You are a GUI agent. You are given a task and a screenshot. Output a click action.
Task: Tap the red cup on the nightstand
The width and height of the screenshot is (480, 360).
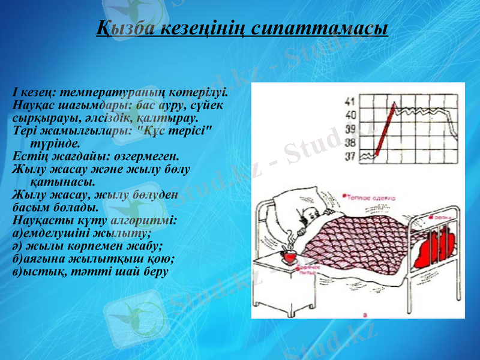(289, 257)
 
